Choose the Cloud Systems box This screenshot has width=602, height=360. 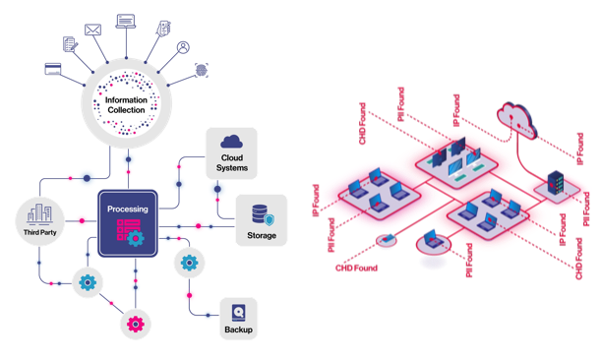232,152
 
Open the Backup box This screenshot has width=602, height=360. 238,318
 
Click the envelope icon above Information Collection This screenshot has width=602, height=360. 94,30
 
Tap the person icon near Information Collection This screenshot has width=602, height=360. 183,45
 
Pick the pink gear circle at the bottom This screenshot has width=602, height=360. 135,324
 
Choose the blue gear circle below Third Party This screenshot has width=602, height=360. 88,283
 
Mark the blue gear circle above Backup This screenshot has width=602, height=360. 188,263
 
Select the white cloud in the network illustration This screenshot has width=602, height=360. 517,116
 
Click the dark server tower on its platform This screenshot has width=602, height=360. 555,184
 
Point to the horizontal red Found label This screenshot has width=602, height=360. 357,267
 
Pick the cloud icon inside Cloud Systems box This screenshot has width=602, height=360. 232,144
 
